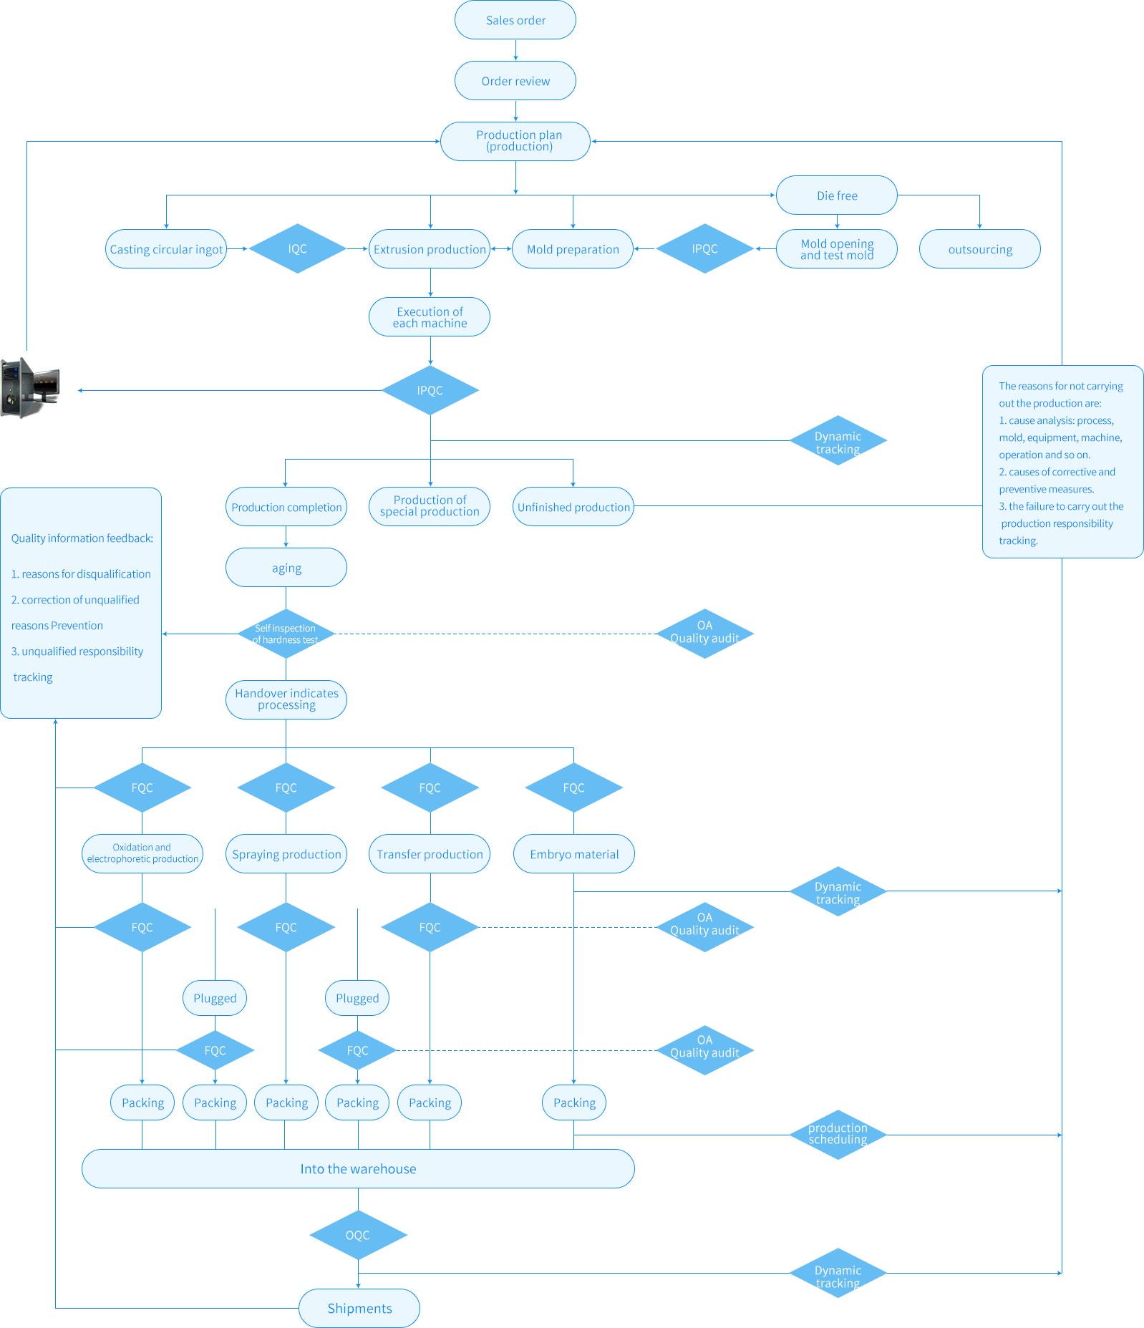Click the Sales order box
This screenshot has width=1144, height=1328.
click(x=515, y=20)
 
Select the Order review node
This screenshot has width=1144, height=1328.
click(x=515, y=81)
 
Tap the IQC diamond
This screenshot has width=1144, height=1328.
click(x=297, y=248)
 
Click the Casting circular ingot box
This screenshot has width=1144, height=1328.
click(x=166, y=249)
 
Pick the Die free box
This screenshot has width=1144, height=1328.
click(x=837, y=195)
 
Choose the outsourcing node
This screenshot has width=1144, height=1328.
click(x=980, y=249)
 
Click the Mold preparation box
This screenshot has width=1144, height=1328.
click(x=573, y=249)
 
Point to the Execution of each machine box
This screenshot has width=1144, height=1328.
click(x=430, y=317)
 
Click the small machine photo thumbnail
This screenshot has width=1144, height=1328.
click(x=31, y=387)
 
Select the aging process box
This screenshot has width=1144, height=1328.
click(x=286, y=568)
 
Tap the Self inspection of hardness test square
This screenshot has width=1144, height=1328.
click(x=286, y=634)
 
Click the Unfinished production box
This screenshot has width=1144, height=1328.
click(x=573, y=507)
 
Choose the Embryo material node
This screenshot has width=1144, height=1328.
click(x=574, y=854)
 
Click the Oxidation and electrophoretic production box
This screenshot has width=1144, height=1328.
click(x=142, y=853)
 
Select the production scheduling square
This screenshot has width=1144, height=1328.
click(x=838, y=1134)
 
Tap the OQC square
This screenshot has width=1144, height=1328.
click(x=358, y=1235)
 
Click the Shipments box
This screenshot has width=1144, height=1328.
click(x=359, y=1308)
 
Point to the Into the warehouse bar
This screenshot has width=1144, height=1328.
click(x=358, y=1168)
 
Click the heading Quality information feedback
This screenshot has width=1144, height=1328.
click(x=82, y=538)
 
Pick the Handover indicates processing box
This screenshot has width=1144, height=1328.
click(x=286, y=699)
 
